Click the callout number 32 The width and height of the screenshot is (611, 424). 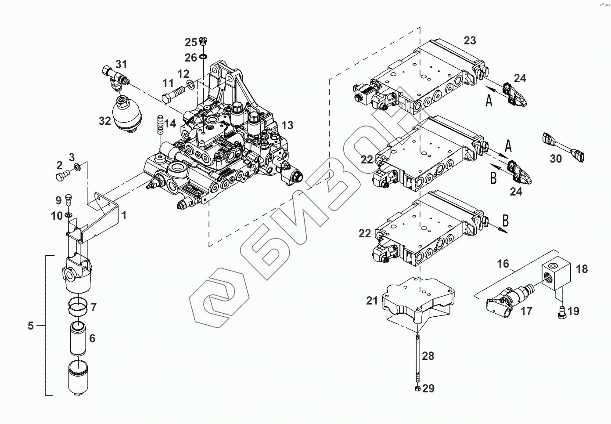click(105, 121)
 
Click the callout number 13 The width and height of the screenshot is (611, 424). click(287, 125)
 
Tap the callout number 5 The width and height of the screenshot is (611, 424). click(30, 326)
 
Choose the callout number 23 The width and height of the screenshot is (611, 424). click(470, 40)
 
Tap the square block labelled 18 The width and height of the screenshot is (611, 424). click(555, 272)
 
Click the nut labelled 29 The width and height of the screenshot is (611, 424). click(418, 388)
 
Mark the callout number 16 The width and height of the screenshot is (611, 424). click(503, 264)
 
